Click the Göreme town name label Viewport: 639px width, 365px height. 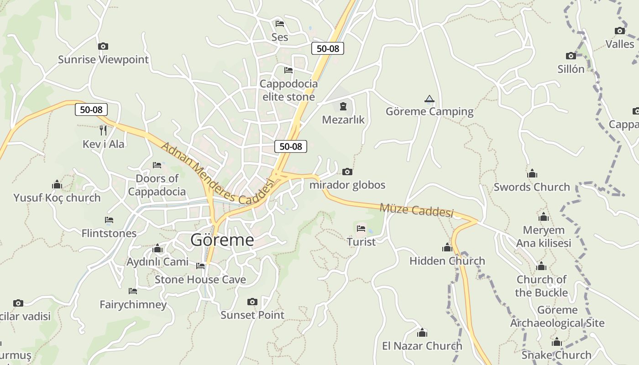click(222, 240)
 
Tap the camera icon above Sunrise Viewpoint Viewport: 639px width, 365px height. click(103, 46)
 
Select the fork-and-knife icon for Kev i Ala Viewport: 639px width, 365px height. click(103, 130)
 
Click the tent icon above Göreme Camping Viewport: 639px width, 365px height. click(429, 99)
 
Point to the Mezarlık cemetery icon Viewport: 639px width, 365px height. click(343, 107)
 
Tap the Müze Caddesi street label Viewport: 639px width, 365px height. click(416, 210)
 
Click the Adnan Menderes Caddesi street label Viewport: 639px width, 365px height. click(217, 173)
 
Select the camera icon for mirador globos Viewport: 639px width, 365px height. click(347, 172)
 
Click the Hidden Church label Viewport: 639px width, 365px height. click(447, 261)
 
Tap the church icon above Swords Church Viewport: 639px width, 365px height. click(532, 174)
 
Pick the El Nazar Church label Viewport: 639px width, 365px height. click(422, 346)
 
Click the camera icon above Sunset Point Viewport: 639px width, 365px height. click(252, 302)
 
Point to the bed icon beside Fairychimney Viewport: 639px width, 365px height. click(133, 291)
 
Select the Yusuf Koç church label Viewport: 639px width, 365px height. click(57, 198)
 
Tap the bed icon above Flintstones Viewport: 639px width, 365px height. click(109, 220)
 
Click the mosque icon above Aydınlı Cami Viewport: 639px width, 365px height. click(157, 249)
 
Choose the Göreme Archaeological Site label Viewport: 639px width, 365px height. click(557, 317)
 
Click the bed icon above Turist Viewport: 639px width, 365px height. click(361, 228)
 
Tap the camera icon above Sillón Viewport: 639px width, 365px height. click(571, 56)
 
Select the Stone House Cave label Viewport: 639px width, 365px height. click(200, 280)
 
